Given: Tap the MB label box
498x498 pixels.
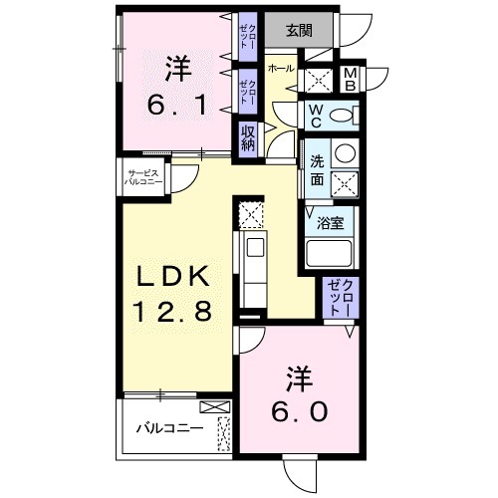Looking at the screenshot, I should (350, 79).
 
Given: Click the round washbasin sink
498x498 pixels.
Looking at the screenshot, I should (344, 153).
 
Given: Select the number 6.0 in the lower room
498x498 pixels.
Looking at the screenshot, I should (297, 409).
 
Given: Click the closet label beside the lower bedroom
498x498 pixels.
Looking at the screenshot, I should (342, 296).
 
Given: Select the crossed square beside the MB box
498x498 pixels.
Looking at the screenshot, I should (320, 80).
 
